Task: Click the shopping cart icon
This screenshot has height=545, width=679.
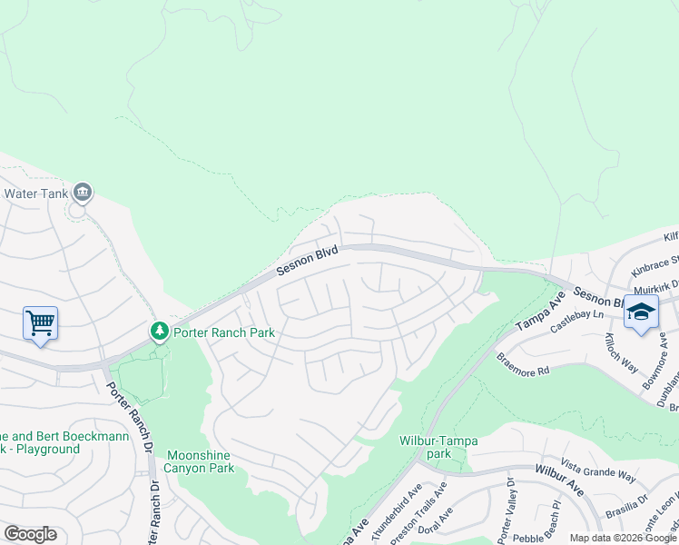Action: (40, 322)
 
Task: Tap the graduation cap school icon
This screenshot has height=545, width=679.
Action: (641, 312)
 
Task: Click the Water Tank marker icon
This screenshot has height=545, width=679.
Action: (83, 192)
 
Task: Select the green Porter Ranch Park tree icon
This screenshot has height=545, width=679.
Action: (160, 332)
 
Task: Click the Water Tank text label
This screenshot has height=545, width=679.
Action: (35, 193)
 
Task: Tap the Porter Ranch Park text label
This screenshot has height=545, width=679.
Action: (224, 332)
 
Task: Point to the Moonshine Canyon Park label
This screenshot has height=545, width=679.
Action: (199, 461)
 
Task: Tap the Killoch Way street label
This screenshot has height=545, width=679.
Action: (624, 350)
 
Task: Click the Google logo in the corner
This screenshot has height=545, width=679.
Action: (30, 534)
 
